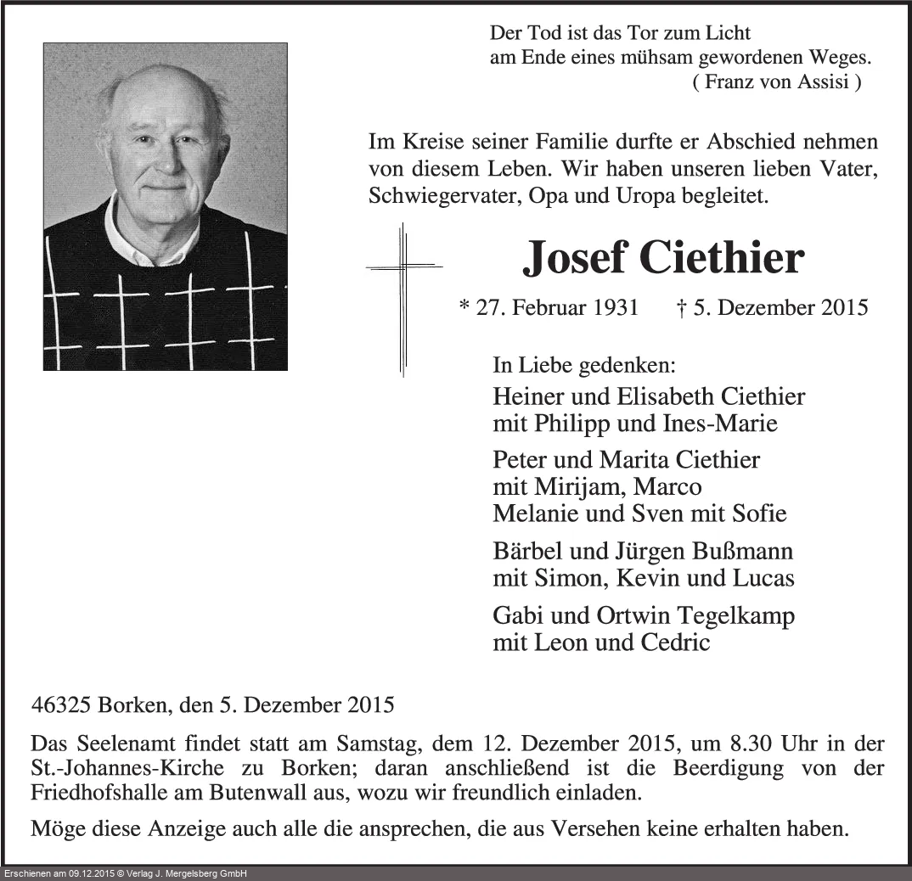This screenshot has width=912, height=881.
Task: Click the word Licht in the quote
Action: [727, 34]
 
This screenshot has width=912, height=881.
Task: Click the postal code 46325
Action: [61, 704]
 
